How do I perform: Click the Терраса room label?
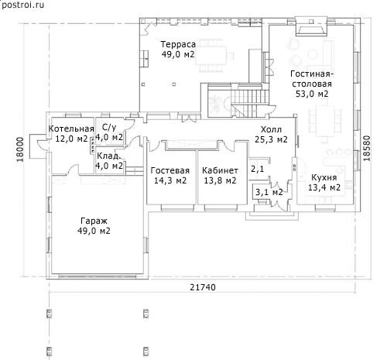[178, 44]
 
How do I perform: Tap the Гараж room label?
[94, 221]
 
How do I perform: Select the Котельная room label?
[71, 129]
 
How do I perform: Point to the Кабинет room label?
[220, 170]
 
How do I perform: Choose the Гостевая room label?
[170, 170]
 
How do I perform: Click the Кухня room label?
[324, 177]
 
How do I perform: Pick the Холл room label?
[271, 129]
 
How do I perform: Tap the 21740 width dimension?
[203, 287]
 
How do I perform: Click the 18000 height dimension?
[20, 149]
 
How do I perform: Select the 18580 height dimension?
[366, 149]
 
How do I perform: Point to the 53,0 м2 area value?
[312, 94]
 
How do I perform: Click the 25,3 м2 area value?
[271, 139]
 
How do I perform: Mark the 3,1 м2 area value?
[269, 192]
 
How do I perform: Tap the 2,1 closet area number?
[258, 170]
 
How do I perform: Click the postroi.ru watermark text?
[22, 5]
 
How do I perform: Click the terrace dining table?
[211, 56]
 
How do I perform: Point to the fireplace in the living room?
[311, 26]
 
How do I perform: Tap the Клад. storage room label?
[108, 156]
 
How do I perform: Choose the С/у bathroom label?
[109, 128]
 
